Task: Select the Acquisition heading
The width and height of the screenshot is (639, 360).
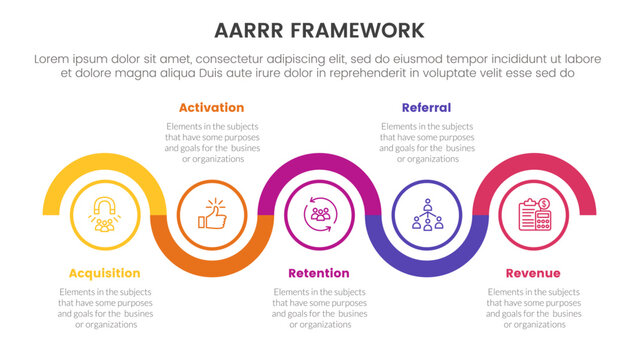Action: [104, 273]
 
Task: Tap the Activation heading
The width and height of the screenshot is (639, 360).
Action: [212, 107]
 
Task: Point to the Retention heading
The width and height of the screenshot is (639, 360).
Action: [319, 273]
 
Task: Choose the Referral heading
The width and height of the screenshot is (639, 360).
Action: [426, 107]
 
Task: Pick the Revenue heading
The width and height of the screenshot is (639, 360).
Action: [533, 273]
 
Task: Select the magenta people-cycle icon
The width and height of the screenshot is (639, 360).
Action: [320, 213]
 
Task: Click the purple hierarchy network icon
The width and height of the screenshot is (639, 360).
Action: [427, 213]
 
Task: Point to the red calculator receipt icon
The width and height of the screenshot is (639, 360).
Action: [534, 213]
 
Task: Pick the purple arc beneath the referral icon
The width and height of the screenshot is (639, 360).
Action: [427, 265]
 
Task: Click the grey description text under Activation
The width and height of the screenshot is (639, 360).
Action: [212, 143]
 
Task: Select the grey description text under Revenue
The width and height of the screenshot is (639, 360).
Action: [533, 308]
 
